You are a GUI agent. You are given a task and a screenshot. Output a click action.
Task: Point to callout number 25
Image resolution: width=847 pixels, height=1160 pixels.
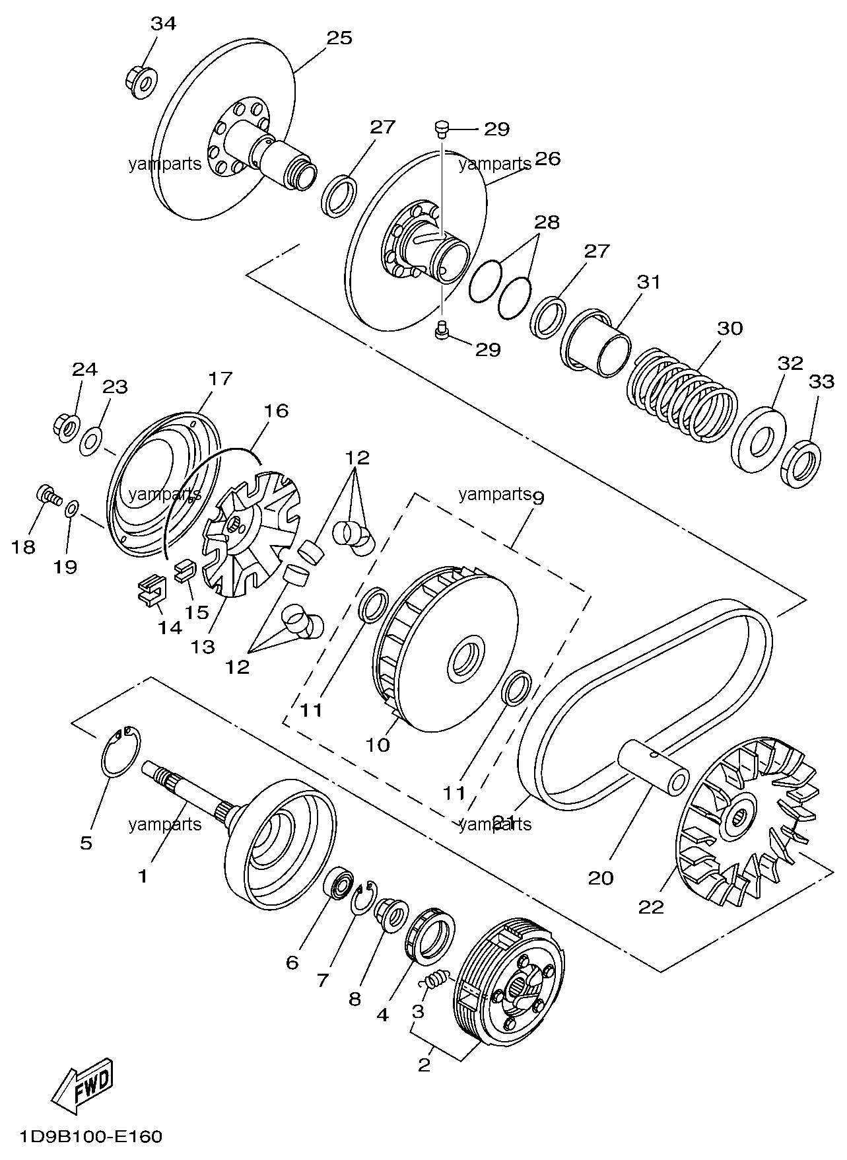click(339, 38)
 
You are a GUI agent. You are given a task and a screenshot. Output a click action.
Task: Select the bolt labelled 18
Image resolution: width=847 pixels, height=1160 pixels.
click(46, 495)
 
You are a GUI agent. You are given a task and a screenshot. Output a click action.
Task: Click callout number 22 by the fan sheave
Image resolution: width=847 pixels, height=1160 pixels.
click(651, 907)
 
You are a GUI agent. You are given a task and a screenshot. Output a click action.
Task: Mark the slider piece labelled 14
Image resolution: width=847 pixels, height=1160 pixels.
click(151, 589)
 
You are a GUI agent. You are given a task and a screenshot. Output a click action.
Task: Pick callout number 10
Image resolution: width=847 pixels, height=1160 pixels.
click(378, 745)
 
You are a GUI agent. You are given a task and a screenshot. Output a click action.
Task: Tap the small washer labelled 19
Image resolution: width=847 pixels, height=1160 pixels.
click(72, 509)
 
